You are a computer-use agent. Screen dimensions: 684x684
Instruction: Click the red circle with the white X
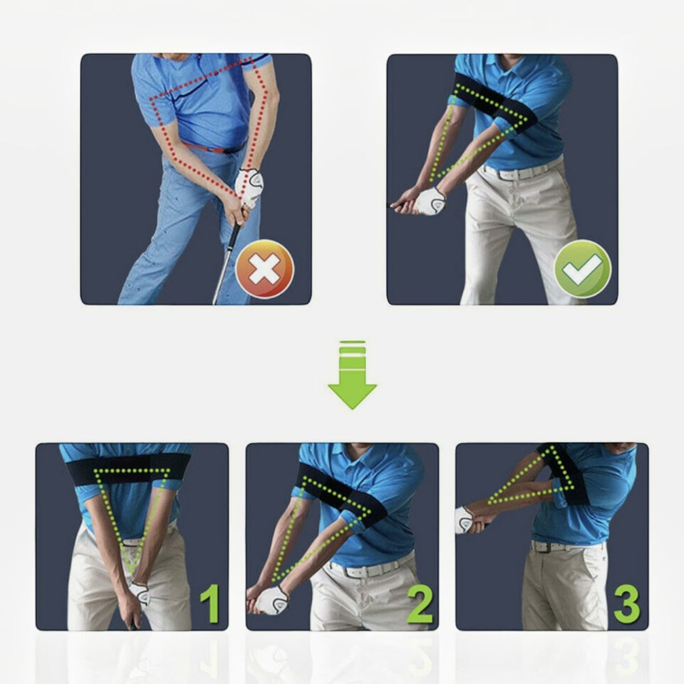[x=265, y=269]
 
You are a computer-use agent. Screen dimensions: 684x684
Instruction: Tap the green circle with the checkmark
[x=582, y=269]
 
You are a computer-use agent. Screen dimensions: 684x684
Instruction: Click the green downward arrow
[x=353, y=375]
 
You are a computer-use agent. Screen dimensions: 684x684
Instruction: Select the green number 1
[x=210, y=603]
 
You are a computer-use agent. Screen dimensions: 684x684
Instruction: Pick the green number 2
[x=419, y=603]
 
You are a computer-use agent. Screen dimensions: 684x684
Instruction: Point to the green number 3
[x=627, y=603]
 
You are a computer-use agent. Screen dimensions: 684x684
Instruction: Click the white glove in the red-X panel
[x=250, y=188]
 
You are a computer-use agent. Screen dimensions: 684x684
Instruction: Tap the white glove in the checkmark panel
[x=430, y=201]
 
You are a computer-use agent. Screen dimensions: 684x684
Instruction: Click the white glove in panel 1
[x=140, y=594]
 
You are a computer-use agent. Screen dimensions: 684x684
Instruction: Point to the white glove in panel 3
[x=464, y=520]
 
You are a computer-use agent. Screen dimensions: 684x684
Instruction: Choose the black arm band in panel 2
[x=342, y=493]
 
